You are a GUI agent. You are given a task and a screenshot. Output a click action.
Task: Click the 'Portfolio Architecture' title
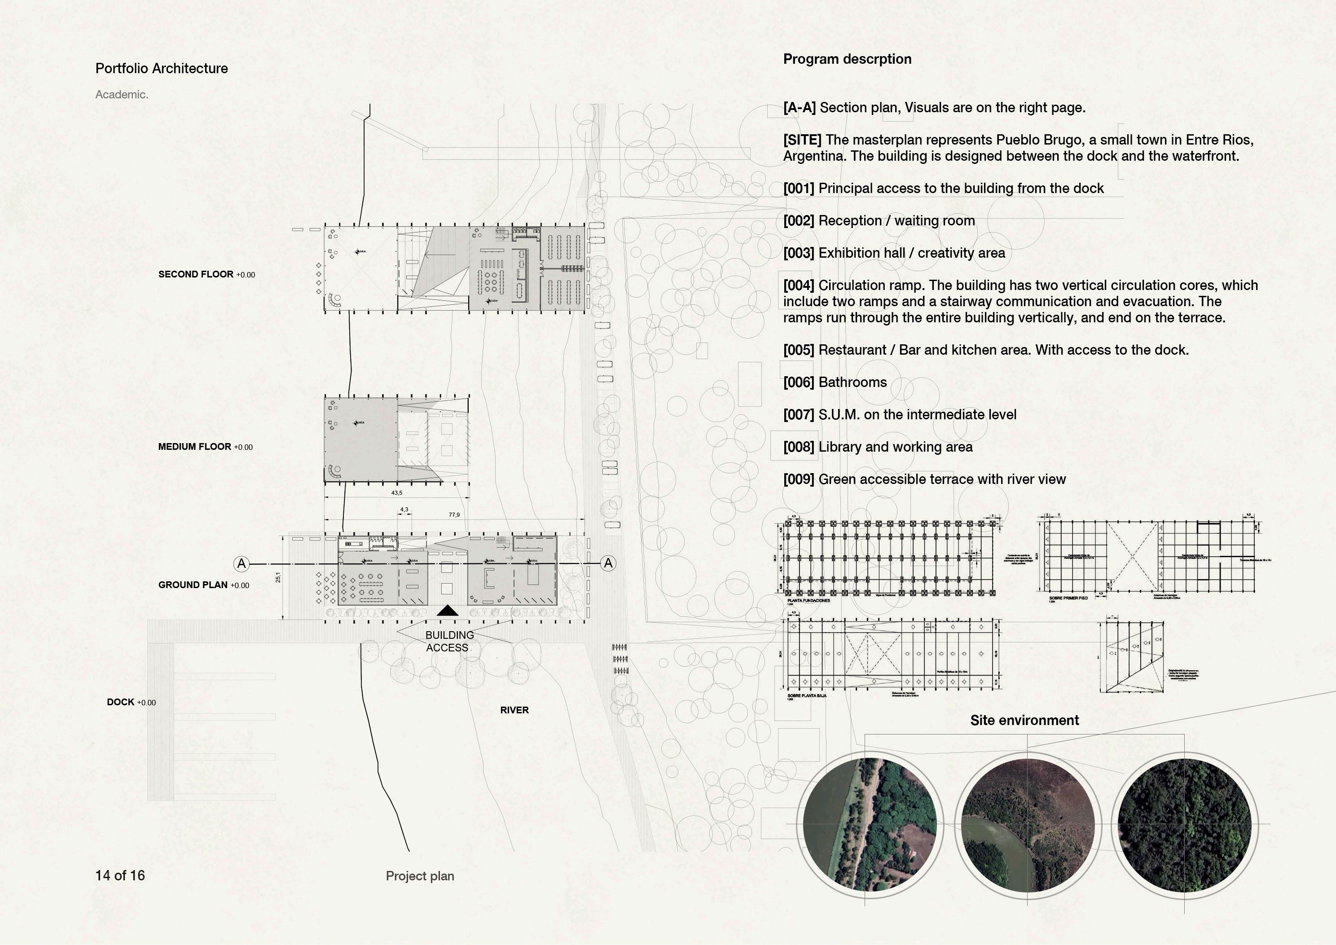tap(161, 69)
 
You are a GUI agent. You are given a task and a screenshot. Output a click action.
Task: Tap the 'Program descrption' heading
tap(847, 59)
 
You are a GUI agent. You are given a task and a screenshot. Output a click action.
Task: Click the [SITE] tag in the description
tap(802, 140)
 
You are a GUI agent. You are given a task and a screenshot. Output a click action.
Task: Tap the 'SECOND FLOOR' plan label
tap(196, 274)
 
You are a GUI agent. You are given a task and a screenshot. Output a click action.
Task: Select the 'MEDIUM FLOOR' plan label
tap(194, 447)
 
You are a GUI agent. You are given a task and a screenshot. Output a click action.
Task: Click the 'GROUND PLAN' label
tap(193, 585)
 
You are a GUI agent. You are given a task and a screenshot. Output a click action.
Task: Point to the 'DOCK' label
tap(120, 702)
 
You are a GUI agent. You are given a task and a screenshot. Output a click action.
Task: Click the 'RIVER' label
tap(514, 710)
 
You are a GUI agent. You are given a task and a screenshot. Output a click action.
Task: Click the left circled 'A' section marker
tap(242, 563)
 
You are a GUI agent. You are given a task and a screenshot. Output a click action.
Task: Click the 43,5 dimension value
tap(396, 493)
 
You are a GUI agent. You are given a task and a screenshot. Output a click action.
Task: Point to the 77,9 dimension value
tap(454, 515)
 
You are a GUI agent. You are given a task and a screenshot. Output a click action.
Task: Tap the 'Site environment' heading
tap(1024, 721)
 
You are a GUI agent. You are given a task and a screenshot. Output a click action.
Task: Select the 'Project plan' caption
tap(420, 876)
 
